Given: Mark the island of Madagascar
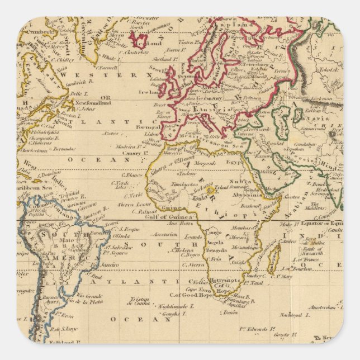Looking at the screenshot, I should coord(273,258).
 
